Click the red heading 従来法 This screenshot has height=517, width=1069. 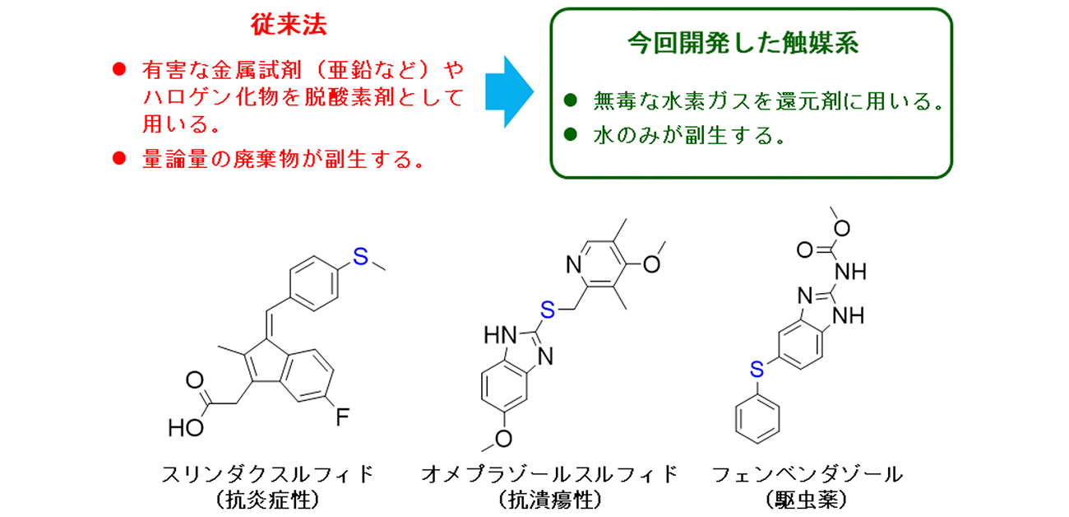pos(289,26)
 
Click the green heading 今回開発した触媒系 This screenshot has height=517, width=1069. pos(743,44)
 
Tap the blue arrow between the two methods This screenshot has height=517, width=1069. pos(508,91)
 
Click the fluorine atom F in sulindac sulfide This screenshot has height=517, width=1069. pos(343,417)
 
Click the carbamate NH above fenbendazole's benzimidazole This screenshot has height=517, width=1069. pos(852,270)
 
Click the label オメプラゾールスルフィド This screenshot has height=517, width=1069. pos(549,473)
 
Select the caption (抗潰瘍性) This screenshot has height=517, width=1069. pos(549,499)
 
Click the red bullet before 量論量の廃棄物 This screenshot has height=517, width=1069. pos(118,157)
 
